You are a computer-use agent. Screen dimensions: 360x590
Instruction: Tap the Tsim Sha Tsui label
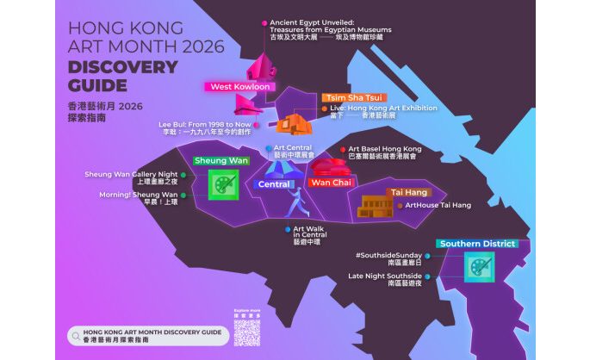353,97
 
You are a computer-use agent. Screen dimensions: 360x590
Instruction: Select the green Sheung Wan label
221,161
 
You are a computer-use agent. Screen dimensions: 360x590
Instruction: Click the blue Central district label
275,184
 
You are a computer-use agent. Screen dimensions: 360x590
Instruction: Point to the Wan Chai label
332,183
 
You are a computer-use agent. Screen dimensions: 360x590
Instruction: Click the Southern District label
476,244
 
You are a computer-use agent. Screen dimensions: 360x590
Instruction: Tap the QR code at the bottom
245,326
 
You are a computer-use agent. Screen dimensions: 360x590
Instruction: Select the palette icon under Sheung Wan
223,184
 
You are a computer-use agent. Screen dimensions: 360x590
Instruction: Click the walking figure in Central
295,205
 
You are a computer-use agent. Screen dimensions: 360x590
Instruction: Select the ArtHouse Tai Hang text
438,205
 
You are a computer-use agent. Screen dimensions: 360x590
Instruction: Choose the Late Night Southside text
385,276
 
